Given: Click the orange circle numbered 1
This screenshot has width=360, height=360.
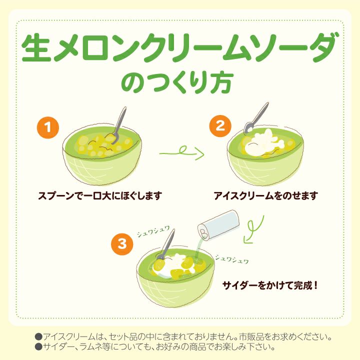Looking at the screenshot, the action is [x=48, y=127].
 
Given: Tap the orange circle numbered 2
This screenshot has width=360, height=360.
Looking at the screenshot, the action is [x=220, y=126].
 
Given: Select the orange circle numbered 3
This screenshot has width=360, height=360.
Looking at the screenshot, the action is [x=122, y=244].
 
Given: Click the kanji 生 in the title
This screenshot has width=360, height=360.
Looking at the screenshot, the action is [x=36, y=47].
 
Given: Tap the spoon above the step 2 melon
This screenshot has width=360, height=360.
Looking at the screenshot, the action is [x=256, y=118].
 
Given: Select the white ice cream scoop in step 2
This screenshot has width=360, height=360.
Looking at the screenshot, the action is [x=264, y=143].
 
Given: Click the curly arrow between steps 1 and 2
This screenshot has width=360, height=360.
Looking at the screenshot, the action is [x=182, y=152].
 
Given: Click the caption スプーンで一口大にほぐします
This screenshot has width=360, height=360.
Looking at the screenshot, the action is [x=100, y=196].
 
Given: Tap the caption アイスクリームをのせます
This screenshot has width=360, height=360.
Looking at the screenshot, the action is [x=266, y=196].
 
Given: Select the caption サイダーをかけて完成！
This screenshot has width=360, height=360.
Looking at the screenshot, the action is [x=270, y=285].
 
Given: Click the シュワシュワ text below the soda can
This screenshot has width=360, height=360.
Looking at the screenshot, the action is [x=232, y=259].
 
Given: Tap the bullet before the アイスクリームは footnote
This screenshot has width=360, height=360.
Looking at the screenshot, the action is [x=38, y=337].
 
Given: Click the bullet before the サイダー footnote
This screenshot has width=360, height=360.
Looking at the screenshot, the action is [x=38, y=346].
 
